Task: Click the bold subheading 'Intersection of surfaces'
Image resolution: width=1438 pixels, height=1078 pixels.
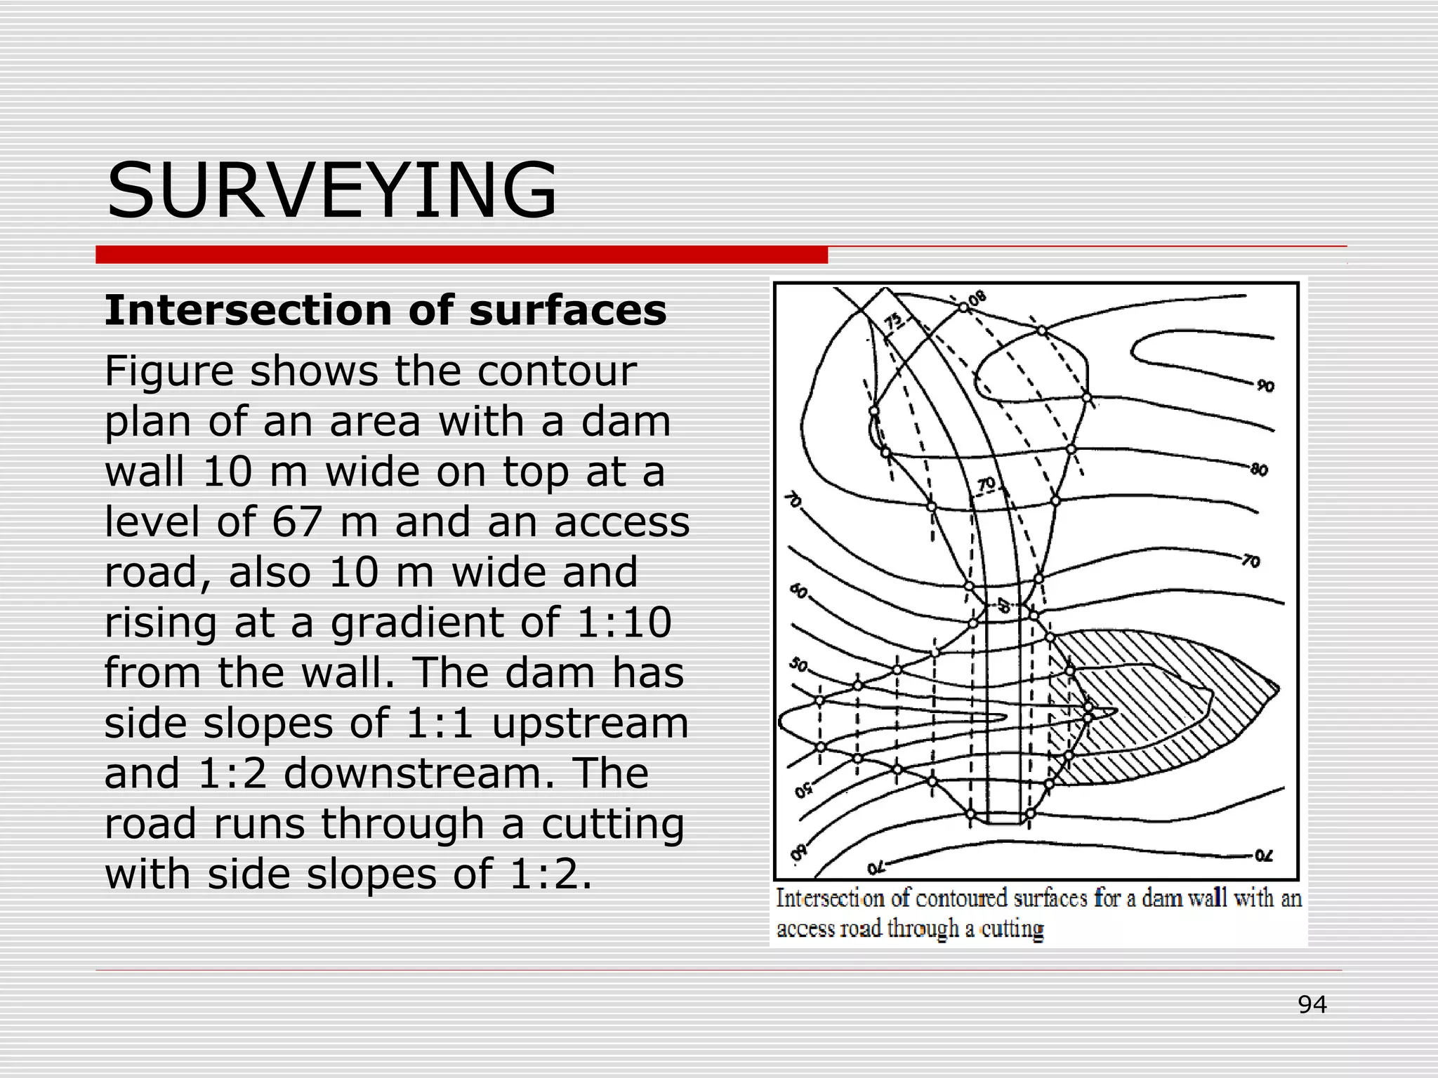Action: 385,310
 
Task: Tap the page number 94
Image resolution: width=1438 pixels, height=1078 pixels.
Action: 1312,1005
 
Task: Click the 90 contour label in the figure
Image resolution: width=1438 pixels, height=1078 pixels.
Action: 1265,386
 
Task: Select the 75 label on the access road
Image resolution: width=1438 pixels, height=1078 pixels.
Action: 893,322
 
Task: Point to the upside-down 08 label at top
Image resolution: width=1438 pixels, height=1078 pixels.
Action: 977,299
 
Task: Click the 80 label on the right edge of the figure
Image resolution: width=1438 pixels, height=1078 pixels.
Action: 1259,470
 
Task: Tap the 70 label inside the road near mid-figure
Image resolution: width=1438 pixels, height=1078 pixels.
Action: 987,484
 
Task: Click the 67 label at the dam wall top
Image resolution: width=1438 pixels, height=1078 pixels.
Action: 1003,605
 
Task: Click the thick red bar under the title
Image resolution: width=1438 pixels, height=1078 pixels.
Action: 461,255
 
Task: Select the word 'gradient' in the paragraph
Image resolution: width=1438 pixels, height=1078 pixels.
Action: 445,623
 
